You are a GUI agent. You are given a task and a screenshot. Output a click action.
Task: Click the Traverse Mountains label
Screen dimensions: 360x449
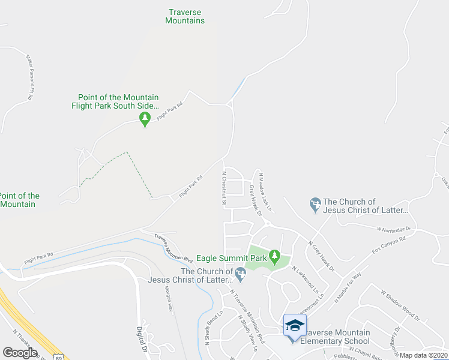[x=185, y=16]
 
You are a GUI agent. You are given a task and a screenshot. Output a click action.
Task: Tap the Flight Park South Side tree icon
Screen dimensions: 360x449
[x=144, y=120]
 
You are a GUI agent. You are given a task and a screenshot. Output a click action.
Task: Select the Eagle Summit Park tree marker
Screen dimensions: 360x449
[x=274, y=257]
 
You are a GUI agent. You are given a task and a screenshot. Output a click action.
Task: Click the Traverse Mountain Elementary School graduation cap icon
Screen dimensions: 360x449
[x=295, y=326]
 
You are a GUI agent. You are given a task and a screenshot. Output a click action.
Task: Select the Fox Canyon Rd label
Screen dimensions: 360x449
[x=389, y=245]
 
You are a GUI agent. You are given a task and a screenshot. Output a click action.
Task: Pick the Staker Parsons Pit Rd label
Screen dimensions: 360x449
[x=29, y=77]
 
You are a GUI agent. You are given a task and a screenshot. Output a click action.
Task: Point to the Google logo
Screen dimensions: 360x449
[x=20, y=352]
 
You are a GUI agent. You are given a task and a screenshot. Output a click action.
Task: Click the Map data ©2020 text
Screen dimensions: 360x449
[x=423, y=355]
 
